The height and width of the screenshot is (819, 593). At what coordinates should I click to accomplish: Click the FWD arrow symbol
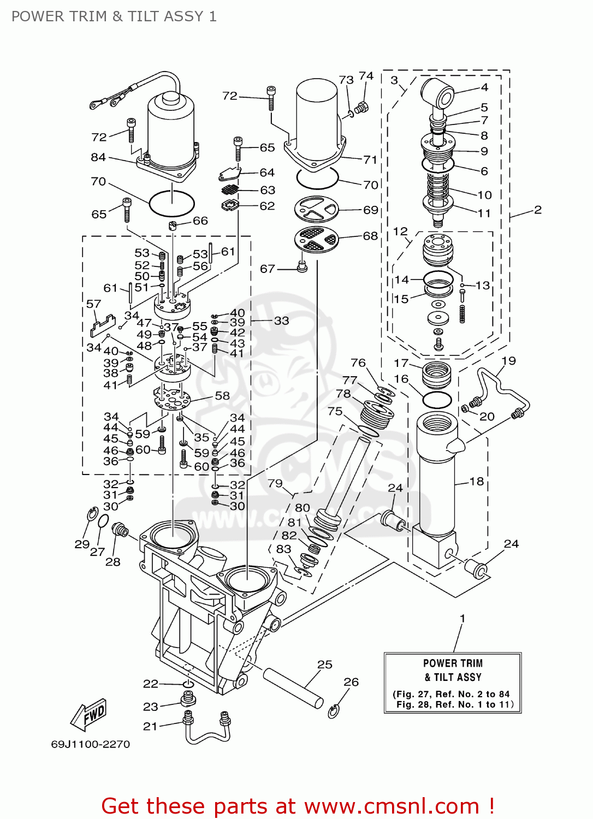(x=89, y=715)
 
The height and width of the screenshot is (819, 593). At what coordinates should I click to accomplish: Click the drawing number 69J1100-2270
(x=91, y=744)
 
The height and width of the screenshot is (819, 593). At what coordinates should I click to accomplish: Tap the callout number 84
(x=98, y=157)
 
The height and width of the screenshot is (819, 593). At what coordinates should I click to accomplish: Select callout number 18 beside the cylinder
(x=477, y=481)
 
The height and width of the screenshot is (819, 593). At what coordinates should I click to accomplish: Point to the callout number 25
(x=325, y=664)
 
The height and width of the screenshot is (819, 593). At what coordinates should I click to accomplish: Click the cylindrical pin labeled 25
(x=293, y=687)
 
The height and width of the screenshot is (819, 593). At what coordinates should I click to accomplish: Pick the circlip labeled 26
(x=334, y=711)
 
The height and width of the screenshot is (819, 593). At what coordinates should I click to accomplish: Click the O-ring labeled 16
(x=437, y=400)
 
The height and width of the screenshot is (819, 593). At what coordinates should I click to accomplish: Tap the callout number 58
(x=222, y=395)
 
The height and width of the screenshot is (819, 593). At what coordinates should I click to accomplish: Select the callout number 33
(x=281, y=321)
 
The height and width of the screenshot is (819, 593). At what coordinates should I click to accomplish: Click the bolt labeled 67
(x=302, y=266)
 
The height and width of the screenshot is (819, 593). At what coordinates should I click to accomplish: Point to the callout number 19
(x=508, y=361)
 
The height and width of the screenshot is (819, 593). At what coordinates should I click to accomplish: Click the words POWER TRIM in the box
(x=453, y=663)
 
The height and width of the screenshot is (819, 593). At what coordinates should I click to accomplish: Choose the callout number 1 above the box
(x=462, y=619)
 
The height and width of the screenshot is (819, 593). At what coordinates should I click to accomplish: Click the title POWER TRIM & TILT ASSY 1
(x=114, y=16)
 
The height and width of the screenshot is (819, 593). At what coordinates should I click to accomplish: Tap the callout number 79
(x=275, y=483)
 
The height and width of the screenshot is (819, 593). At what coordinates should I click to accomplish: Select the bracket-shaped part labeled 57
(x=103, y=326)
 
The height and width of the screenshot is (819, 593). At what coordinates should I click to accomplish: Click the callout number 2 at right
(x=537, y=210)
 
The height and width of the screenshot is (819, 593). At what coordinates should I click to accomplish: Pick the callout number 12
(x=400, y=232)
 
